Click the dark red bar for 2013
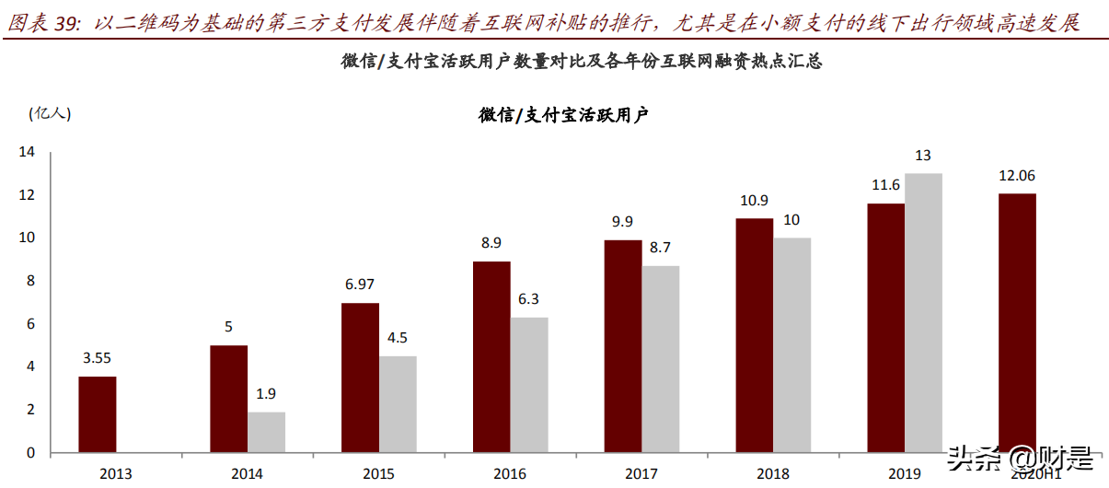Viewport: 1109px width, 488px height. pos(97,414)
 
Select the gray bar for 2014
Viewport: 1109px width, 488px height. pos(266,432)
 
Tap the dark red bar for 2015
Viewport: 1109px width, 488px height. pos(360,378)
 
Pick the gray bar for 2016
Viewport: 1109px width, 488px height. pos(529,385)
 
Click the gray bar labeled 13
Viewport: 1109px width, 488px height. pos(923,313)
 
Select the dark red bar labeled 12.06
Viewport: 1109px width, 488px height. pos(1017,322)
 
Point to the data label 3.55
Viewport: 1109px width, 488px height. pos(97,358)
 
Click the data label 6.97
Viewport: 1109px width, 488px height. pos(360,285)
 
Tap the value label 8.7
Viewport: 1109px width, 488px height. pos(660,248)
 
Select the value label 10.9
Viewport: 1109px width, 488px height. pos(754,200)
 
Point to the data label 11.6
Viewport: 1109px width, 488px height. pos(885,185)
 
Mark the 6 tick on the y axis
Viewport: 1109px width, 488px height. pos(29,323)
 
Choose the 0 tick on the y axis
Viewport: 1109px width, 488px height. pos(29,452)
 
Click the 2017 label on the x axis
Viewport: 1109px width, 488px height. pos(641,474)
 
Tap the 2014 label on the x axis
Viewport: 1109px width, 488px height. pos(247,474)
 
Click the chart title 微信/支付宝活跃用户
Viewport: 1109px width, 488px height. pos(563,115)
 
